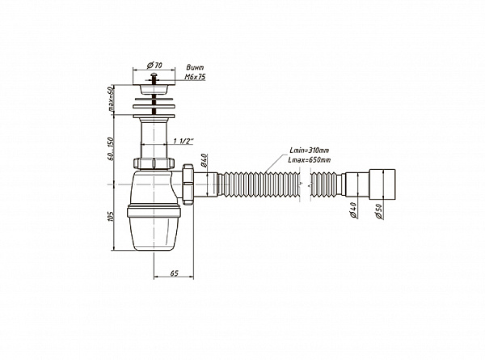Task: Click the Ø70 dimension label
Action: click(x=154, y=66)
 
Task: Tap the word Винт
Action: click(x=195, y=67)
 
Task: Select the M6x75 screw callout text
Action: click(x=195, y=77)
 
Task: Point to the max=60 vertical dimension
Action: click(x=112, y=100)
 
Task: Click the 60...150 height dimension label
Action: click(x=112, y=148)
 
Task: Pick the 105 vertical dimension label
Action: click(x=112, y=216)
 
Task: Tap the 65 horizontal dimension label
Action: click(x=174, y=273)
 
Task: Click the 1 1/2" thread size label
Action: click(x=183, y=141)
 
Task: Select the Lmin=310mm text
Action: click(x=309, y=150)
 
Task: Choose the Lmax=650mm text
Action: click(x=309, y=160)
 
